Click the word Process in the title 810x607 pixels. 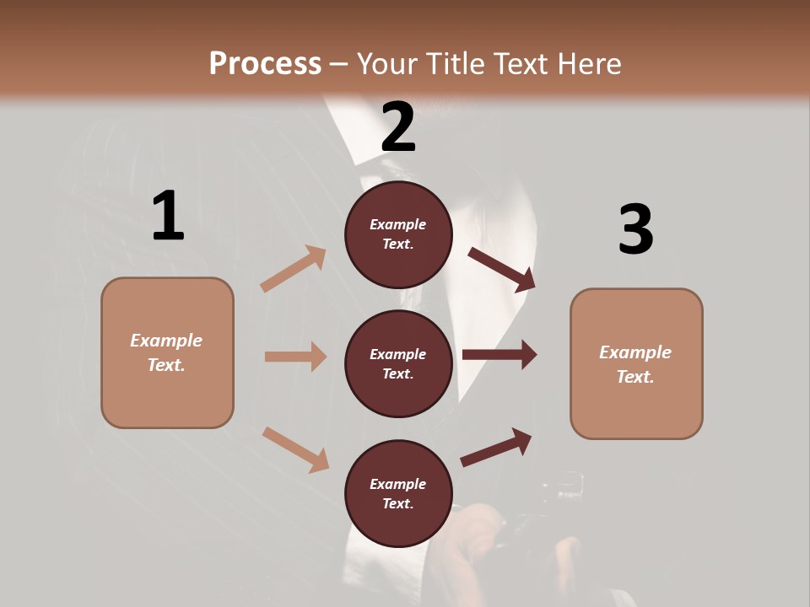coord(265,64)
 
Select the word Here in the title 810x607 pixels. coord(587,64)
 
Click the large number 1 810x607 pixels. coord(168,216)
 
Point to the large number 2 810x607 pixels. coord(398,127)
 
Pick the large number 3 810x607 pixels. coord(635,229)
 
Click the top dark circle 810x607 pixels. coord(398,234)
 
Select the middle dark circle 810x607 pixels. coord(398,363)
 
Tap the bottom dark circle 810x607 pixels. coord(398,493)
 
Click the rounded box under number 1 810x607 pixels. coord(167,352)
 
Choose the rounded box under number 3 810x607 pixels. coord(636,363)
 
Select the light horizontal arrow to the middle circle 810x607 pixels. coord(295,357)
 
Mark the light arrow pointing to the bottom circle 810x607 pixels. coord(295,449)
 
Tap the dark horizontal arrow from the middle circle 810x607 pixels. coord(499,354)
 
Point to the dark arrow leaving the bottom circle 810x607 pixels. coord(496,447)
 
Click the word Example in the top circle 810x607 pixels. coord(398,224)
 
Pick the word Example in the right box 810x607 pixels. coord(635,352)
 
